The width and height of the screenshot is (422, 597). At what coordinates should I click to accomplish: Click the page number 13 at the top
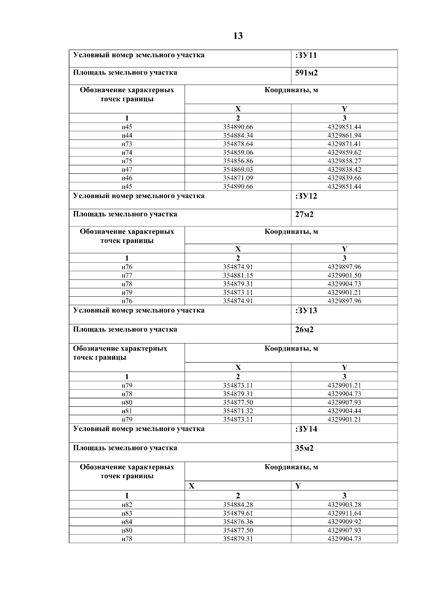click(238, 36)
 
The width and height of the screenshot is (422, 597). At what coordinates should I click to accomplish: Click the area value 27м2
click(304, 214)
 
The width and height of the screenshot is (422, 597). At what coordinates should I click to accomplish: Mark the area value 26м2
click(304, 330)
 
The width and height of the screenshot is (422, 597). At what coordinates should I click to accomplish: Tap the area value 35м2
click(304, 448)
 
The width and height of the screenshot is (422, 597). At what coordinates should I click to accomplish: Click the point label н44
click(127, 136)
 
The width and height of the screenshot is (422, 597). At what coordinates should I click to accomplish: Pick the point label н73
click(127, 144)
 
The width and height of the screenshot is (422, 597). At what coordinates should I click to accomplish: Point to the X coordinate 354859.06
click(238, 153)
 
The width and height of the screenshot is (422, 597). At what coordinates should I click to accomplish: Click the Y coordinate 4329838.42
click(344, 170)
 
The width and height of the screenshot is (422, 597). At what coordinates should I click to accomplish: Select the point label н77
click(127, 276)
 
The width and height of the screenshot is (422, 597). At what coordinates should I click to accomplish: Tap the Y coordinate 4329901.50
click(344, 276)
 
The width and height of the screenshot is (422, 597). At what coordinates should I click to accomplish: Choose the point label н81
click(127, 411)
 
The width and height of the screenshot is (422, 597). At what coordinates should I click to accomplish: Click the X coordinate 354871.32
click(238, 411)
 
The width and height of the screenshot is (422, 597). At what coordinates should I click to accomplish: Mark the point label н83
click(127, 513)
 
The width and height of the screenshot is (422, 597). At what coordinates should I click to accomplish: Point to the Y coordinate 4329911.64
click(344, 513)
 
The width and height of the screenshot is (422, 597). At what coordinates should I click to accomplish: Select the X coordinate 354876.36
click(238, 522)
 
